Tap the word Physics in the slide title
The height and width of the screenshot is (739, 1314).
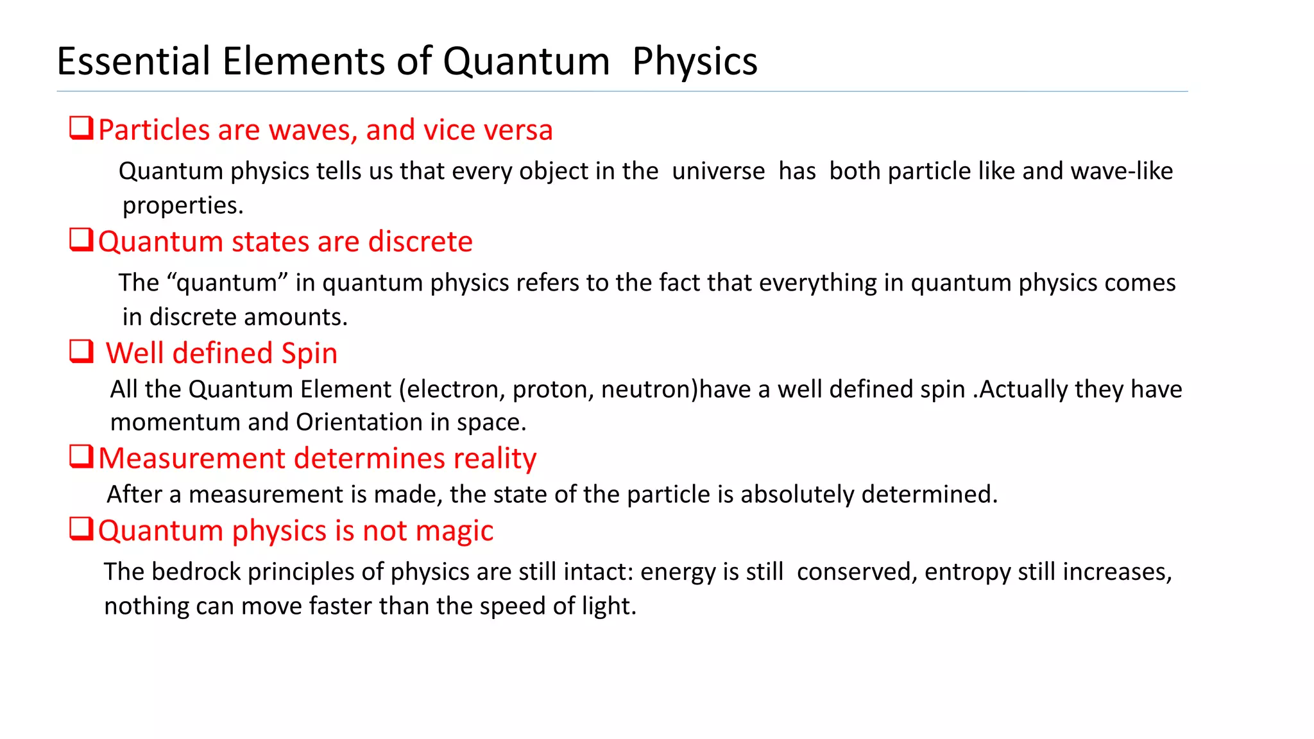click(x=694, y=62)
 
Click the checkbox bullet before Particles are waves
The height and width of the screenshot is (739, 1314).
click(x=81, y=128)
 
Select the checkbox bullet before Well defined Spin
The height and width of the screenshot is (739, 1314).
click(x=81, y=352)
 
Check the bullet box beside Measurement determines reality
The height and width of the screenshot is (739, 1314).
click(x=81, y=457)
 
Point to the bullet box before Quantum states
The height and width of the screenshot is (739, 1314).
click(x=81, y=240)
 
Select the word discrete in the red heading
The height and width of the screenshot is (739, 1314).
click(x=420, y=242)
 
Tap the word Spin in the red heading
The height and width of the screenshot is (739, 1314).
click(x=309, y=353)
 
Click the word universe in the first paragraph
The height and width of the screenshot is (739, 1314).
click(x=718, y=171)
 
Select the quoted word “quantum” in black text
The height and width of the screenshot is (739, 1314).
click(x=227, y=283)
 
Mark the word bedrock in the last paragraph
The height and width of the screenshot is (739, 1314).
click(x=196, y=572)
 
